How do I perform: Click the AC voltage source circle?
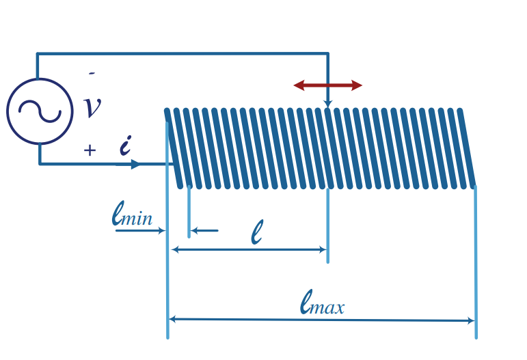point(40,79)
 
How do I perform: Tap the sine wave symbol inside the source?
point(40,111)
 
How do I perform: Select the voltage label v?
point(92,107)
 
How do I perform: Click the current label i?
point(125,145)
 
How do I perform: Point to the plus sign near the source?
point(90,150)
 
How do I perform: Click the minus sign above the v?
point(92,73)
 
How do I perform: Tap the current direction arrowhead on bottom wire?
point(136,164)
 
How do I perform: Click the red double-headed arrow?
point(327,85)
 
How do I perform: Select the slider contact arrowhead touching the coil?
point(328,104)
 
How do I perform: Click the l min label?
point(132,214)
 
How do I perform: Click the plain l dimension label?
point(257,232)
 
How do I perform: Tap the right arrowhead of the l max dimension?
point(471,320)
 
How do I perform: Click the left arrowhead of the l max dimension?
point(172,319)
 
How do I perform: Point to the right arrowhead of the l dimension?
point(323,249)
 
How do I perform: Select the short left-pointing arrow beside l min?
point(204,231)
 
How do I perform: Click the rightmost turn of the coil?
point(467,148)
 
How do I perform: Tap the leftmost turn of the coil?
point(174,148)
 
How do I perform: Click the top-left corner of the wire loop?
point(38,53)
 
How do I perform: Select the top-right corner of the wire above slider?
point(328,53)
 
